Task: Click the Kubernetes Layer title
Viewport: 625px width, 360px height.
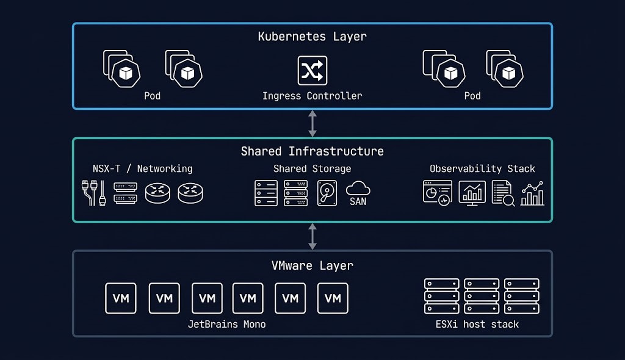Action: click(312, 37)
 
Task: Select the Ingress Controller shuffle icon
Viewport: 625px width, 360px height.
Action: click(312, 70)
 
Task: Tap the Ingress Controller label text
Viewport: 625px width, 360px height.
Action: click(312, 96)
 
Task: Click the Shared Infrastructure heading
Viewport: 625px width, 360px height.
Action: click(312, 151)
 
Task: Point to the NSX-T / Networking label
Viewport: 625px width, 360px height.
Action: click(142, 169)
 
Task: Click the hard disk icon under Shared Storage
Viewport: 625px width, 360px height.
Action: click(327, 193)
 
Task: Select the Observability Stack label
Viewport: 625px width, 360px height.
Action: click(482, 169)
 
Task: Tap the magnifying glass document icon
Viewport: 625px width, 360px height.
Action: click(503, 193)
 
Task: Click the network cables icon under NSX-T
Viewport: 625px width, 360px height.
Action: click(92, 193)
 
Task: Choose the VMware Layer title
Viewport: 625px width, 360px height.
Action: click(312, 265)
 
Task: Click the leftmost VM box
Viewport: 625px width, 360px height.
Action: click(121, 298)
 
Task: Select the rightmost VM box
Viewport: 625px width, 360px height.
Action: click(333, 298)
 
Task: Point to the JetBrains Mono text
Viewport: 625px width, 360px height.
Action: click(226, 324)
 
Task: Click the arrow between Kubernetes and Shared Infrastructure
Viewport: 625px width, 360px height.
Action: click(312, 123)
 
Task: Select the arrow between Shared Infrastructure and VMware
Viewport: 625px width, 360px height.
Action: click(312, 236)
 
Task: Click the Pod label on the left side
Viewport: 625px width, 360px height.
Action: click(152, 96)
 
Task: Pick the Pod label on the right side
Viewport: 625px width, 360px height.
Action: click(472, 96)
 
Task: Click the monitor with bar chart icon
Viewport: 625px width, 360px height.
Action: click(472, 193)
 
